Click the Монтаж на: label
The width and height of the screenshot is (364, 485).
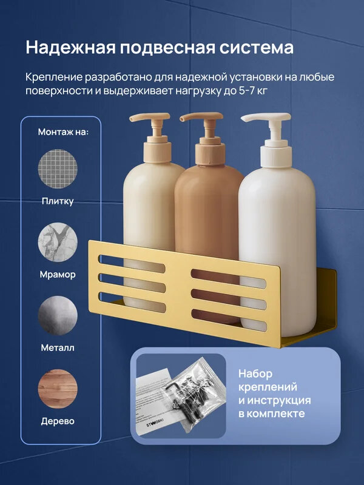click(x=63, y=132)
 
